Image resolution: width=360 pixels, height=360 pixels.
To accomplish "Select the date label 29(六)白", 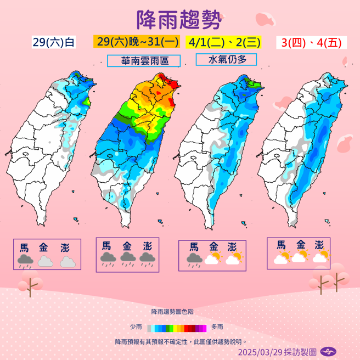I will pos(53,42).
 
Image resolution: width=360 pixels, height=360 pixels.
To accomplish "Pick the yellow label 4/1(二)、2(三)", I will pos(223,42).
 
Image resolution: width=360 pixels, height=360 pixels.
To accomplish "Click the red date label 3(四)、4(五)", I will pos(310,42).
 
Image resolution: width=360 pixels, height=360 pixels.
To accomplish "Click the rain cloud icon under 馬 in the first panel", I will pos(24,261).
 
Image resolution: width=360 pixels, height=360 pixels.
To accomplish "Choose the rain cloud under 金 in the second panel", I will pos(128,258).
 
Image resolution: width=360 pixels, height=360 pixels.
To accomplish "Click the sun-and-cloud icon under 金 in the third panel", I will pos(213,259).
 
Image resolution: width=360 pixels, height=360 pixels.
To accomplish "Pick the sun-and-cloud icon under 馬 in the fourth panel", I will pos(282,257).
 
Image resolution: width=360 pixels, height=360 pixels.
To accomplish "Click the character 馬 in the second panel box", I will pos(107,245).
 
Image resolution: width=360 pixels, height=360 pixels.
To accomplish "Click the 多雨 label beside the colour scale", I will pos(218,328).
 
